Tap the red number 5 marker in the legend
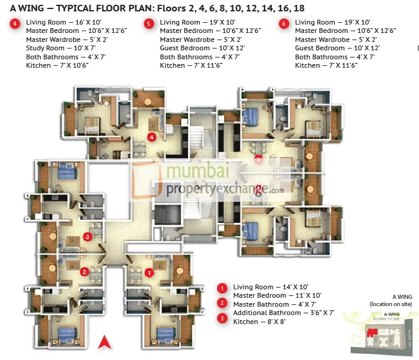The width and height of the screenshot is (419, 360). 149,23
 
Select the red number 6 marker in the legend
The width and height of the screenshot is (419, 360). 284,23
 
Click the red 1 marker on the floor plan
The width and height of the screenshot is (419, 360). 149,271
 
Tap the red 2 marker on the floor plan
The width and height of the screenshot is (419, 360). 85,271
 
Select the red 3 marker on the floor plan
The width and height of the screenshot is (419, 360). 87,236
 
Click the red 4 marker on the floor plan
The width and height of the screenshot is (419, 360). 152,137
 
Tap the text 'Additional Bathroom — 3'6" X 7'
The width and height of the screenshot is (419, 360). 283,313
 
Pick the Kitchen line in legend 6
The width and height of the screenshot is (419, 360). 326,65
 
